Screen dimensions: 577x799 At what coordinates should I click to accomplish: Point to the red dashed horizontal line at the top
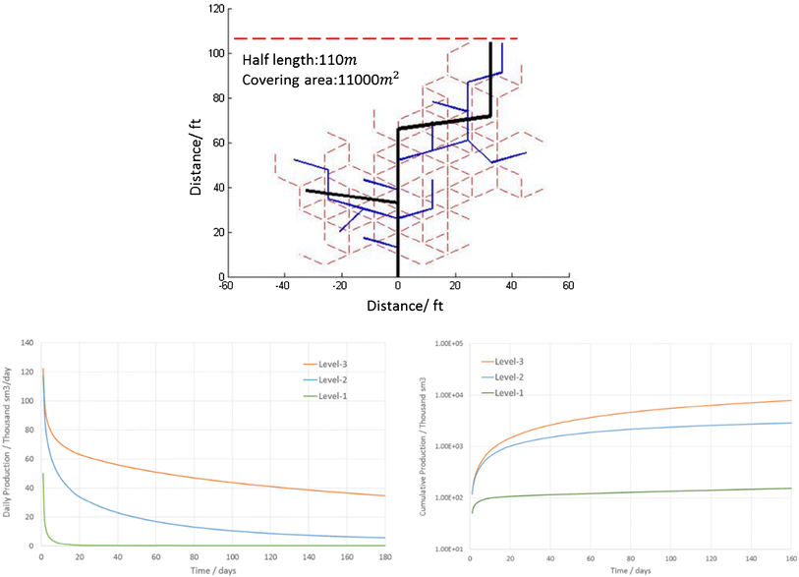click(x=373, y=39)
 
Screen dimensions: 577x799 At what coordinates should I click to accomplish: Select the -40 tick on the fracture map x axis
click(x=284, y=286)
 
